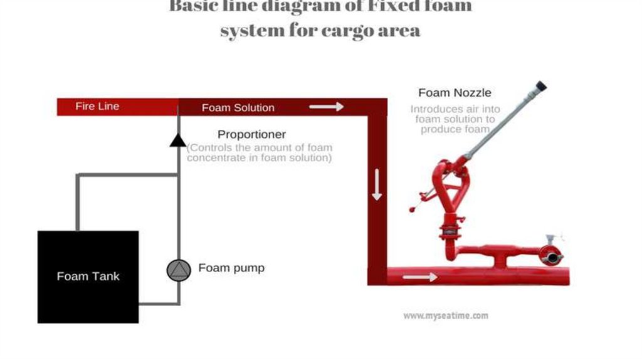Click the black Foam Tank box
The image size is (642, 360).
pyautogui.click(x=88, y=277)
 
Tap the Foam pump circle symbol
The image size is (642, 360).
pyautogui.click(x=179, y=270)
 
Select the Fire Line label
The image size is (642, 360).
pyautogui.click(x=97, y=107)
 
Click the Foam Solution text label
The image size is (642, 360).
pyautogui.click(x=238, y=108)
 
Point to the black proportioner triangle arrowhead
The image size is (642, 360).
pyautogui.click(x=178, y=139)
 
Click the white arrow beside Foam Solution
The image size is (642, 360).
pyautogui.click(x=327, y=107)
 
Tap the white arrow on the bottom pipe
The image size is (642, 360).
pyautogui.click(x=420, y=277)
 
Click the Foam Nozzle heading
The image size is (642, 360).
pyautogui.click(x=455, y=93)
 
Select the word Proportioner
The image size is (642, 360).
pyautogui.click(x=251, y=135)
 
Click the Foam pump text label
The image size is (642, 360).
pyautogui.click(x=231, y=268)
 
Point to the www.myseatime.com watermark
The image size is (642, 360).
pyautogui.click(x=445, y=316)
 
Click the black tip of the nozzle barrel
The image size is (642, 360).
pyautogui.click(x=540, y=86)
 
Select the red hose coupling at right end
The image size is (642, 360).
pyautogui.click(x=550, y=256)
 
